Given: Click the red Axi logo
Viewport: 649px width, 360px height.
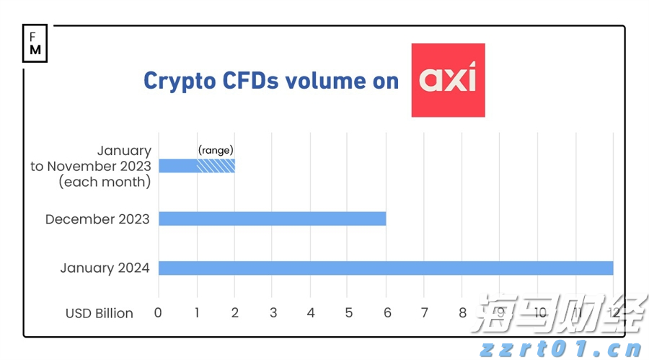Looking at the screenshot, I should pos(448,80).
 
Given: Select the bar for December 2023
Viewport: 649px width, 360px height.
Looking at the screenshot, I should pos(272,219).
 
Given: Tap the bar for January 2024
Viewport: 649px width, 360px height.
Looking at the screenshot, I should pos(386,268).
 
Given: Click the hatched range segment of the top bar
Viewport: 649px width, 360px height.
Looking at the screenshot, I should pos(216,166).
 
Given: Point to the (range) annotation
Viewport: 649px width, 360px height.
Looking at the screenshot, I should pos(216,150).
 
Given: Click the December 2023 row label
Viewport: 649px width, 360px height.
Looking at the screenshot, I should pos(97,219).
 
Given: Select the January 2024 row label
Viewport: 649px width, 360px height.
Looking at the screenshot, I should pos(105,268).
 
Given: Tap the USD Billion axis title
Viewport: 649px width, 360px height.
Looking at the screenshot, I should pos(100,313).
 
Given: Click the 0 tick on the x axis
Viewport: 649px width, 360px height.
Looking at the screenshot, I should pos(159,313).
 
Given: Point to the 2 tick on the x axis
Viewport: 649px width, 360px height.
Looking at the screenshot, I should pos(234,313).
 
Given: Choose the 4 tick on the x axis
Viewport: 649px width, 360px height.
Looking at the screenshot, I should pos(310,313).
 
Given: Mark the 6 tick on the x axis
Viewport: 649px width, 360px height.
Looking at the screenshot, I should pos(387,313).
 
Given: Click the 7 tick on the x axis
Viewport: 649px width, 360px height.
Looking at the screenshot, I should pos(424,313).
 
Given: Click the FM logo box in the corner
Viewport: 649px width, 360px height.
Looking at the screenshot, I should pos(35,44).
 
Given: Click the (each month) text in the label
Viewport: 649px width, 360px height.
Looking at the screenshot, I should pos(105,182).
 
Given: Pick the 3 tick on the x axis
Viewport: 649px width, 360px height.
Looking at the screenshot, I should pos(273,313).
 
